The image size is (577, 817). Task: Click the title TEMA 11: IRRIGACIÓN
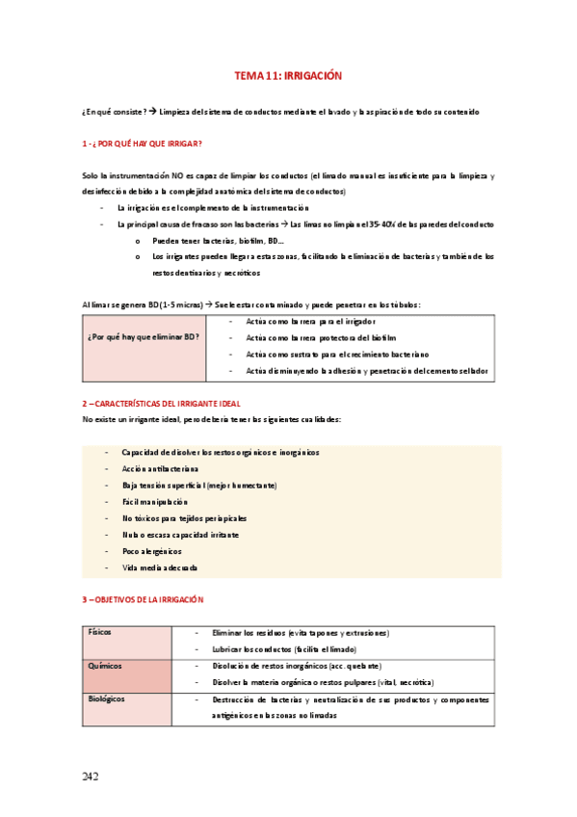pyautogui.click(x=288, y=75)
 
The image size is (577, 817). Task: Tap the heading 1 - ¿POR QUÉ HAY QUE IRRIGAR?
pyautogui.click(x=142, y=144)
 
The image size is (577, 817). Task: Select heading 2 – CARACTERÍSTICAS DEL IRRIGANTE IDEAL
pyautogui.click(x=162, y=403)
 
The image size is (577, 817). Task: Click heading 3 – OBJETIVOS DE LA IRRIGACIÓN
pyautogui.click(x=143, y=599)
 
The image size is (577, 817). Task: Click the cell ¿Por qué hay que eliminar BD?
pyautogui.click(x=144, y=337)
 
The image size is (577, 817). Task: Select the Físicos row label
pyautogui.click(x=99, y=633)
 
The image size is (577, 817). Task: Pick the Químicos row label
pyautogui.click(x=105, y=666)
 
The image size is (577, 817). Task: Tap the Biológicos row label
pyautogui.click(x=106, y=699)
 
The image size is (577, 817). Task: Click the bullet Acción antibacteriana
pyautogui.click(x=161, y=468)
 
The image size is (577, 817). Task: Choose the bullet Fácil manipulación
pyautogui.click(x=155, y=502)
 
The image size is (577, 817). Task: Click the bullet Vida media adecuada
pyautogui.click(x=160, y=567)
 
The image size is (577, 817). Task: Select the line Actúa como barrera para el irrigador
pyautogui.click(x=310, y=321)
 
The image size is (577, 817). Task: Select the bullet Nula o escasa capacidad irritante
pyautogui.click(x=180, y=535)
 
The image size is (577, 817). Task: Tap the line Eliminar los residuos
pyautogui.click(x=300, y=633)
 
